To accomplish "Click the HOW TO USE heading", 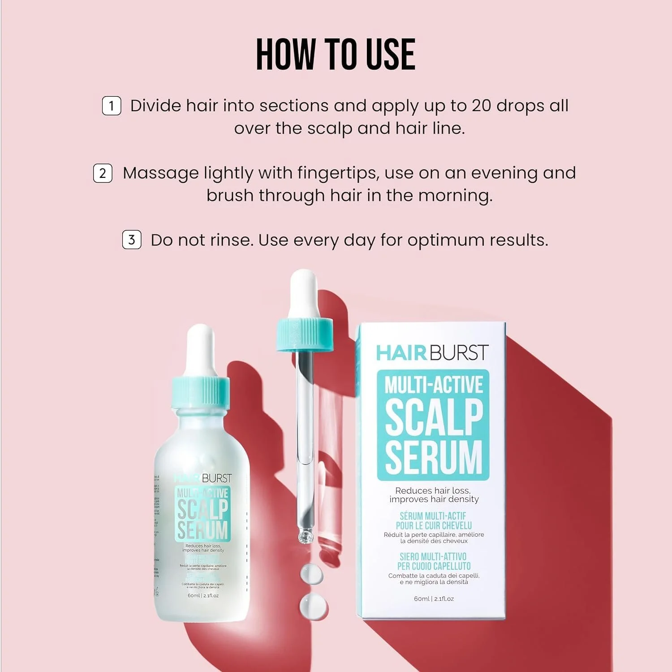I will [x=336, y=54].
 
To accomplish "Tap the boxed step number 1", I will [x=112, y=106].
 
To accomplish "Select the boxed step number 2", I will [x=103, y=173].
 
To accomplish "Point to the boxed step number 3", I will [x=132, y=240].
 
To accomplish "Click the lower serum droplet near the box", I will [x=313, y=606].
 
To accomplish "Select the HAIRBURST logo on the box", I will [x=432, y=353].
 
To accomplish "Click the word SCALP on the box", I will [x=434, y=417].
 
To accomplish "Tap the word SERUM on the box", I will [x=434, y=457].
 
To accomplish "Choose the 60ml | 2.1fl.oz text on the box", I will [x=434, y=599].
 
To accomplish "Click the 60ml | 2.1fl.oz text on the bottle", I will [x=203, y=595].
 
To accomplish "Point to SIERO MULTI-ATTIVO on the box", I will [x=433, y=556].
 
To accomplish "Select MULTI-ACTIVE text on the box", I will [x=434, y=385].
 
